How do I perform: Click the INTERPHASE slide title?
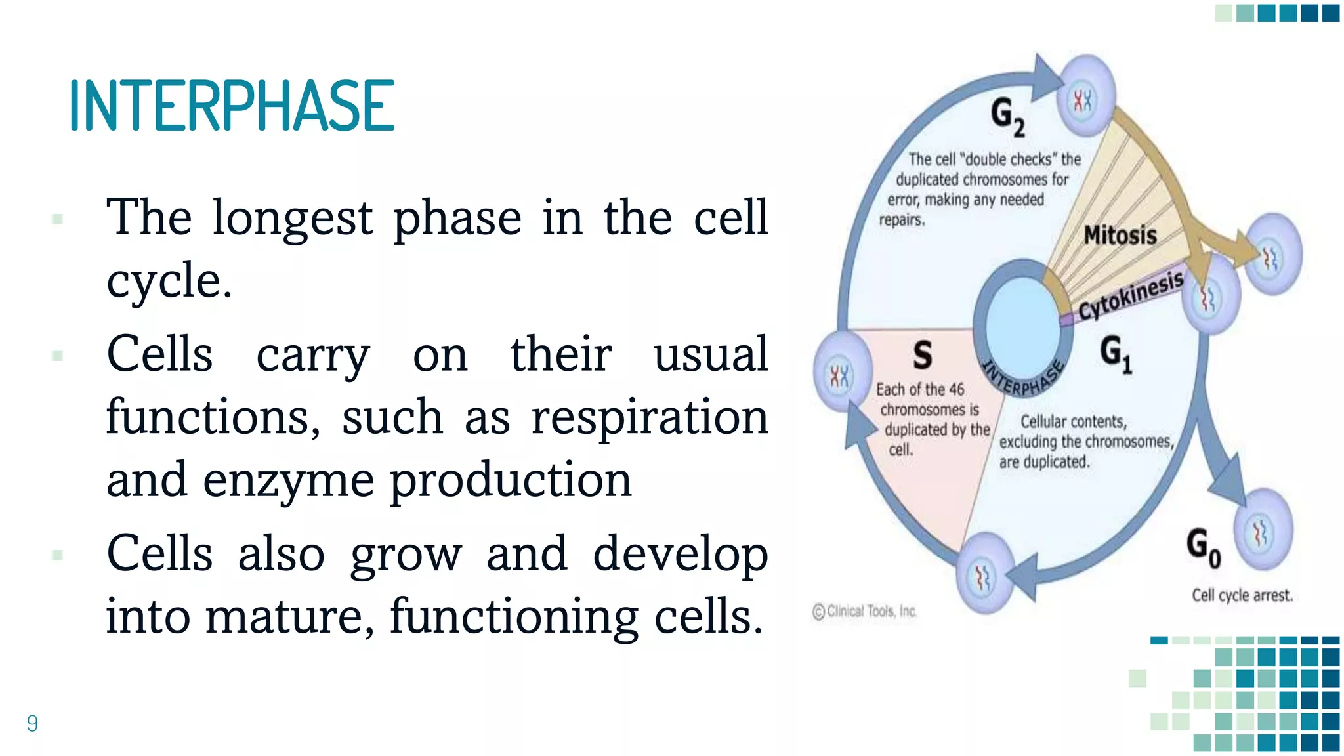[x=232, y=105]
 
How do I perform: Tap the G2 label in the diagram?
[x=1007, y=116]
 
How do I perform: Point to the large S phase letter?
[x=922, y=355]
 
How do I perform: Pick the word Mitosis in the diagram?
[x=1120, y=235]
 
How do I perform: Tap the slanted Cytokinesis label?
[x=1131, y=295]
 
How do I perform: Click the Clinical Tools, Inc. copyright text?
[x=864, y=611]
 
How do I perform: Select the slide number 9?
[x=32, y=723]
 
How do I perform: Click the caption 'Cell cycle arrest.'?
[x=1242, y=595]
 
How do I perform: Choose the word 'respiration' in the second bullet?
[x=649, y=417]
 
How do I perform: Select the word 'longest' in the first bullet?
[x=292, y=219]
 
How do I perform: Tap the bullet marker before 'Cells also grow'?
[x=58, y=555]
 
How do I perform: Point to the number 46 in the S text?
[x=955, y=389]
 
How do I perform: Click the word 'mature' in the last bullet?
[x=289, y=616]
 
